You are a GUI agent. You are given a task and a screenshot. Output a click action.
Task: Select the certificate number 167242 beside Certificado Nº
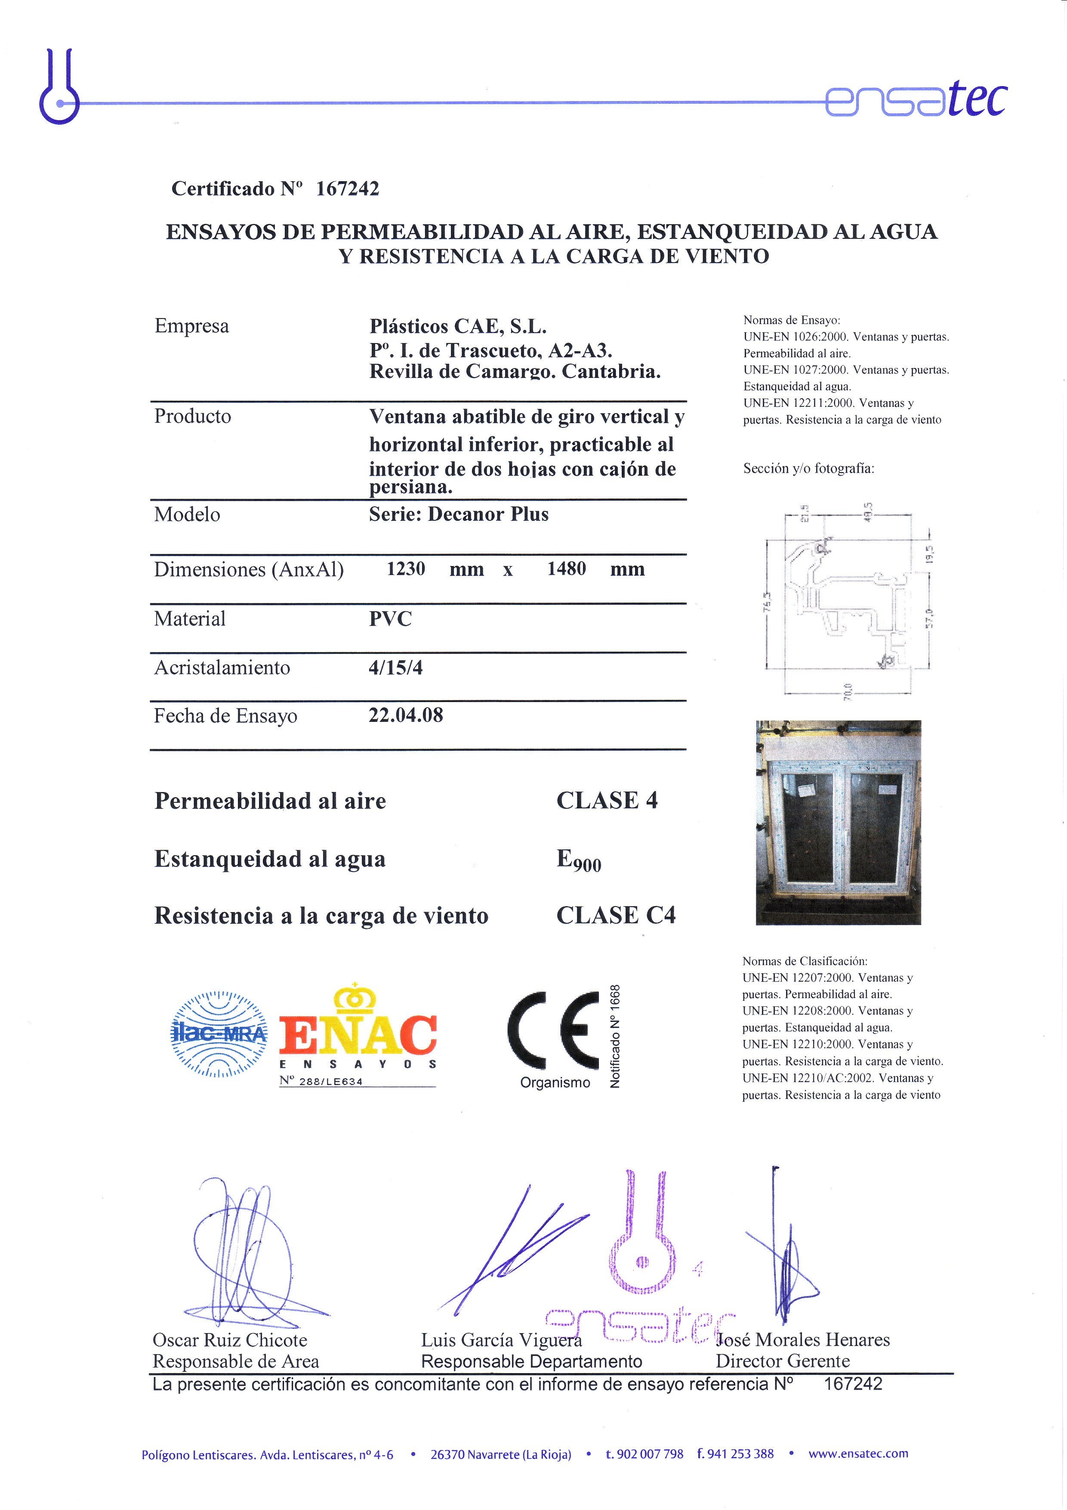point(347,189)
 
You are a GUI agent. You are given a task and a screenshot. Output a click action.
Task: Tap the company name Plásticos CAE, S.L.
point(458,326)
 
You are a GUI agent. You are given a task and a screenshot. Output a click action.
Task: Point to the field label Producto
point(193,416)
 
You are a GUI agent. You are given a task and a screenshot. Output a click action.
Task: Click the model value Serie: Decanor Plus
point(458,514)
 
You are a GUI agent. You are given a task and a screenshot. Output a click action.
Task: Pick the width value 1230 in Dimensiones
point(406,569)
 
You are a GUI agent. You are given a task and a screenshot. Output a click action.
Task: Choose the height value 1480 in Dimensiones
point(566,569)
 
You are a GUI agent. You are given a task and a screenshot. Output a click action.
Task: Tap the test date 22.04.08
point(406,715)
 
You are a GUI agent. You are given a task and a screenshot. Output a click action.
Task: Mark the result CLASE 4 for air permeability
point(607,800)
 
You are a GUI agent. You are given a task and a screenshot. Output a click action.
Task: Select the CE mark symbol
point(553,1030)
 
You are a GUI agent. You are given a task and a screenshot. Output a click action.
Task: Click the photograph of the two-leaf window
point(838,822)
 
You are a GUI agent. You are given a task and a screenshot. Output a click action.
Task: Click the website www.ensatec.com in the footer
point(858,1454)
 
